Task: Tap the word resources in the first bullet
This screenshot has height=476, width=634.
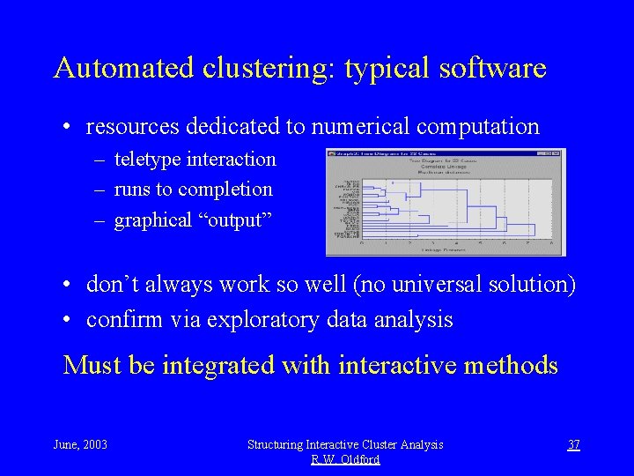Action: (133, 127)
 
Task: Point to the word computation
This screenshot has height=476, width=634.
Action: (477, 127)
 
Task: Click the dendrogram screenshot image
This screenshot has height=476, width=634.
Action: (446, 202)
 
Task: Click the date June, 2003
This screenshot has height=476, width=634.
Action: (80, 444)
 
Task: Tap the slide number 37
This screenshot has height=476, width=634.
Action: (573, 444)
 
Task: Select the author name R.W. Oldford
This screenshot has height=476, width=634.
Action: (345, 459)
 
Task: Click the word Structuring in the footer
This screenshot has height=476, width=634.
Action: (278, 444)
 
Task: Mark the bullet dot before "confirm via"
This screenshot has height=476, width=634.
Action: (67, 320)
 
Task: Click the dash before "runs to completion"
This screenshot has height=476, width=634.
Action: (103, 190)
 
